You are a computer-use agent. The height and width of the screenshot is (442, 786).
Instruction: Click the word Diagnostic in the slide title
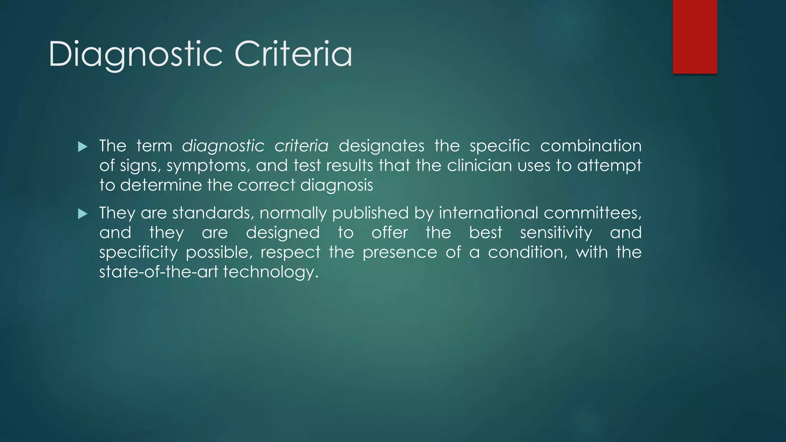point(135,54)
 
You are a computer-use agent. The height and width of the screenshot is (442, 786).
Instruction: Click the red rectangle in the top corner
point(695,37)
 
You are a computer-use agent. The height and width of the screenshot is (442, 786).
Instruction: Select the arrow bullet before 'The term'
point(83,147)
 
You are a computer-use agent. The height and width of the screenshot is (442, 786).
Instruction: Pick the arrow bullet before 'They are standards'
point(83,214)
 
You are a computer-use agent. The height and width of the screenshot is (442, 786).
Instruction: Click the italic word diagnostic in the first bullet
point(223,146)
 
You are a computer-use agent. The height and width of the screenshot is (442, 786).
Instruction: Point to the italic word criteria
point(301,146)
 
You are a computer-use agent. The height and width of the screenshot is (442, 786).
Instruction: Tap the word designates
point(381,146)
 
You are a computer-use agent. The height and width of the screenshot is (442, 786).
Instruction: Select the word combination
point(591,146)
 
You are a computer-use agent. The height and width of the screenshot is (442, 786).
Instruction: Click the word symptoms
point(208,166)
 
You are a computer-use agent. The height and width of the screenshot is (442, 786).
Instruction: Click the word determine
point(161,185)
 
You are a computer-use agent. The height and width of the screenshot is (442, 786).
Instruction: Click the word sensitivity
point(556,233)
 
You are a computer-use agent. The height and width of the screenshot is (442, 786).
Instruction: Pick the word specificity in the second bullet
point(138,253)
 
